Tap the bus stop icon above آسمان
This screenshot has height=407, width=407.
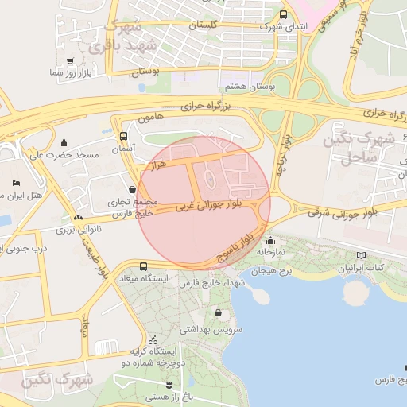click(x=122, y=136)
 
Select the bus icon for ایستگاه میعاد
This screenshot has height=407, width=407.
click(x=143, y=266)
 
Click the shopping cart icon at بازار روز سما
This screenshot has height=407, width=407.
click(x=72, y=60)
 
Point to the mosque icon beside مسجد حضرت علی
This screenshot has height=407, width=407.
click(x=64, y=143)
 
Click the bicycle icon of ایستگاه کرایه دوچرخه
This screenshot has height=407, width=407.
click(x=153, y=339)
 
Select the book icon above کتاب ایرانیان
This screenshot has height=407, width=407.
click(x=362, y=256)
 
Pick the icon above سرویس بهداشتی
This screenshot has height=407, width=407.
click(x=218, y=314)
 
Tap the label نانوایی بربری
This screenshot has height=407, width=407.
click(x=72, y=230)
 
